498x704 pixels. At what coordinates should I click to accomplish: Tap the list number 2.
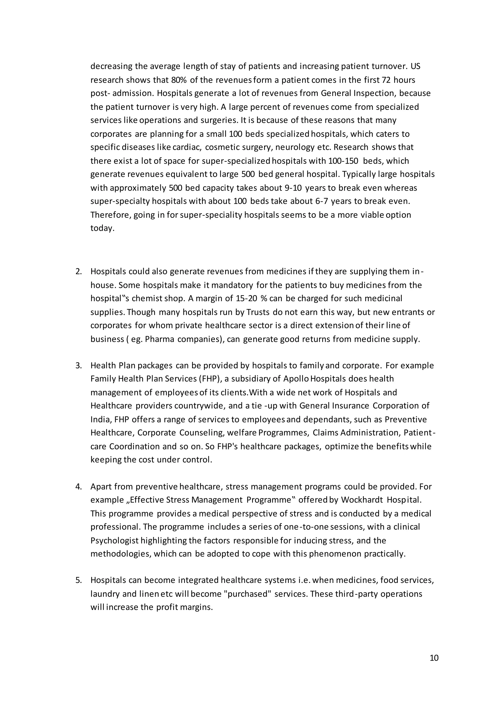pyautogui.click(x=79, y=272)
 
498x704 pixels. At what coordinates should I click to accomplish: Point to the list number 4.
pyautogui.click(x=79, y=487)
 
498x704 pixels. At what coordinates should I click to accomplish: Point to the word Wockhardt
pyautogui.click(x=362, y=500)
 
